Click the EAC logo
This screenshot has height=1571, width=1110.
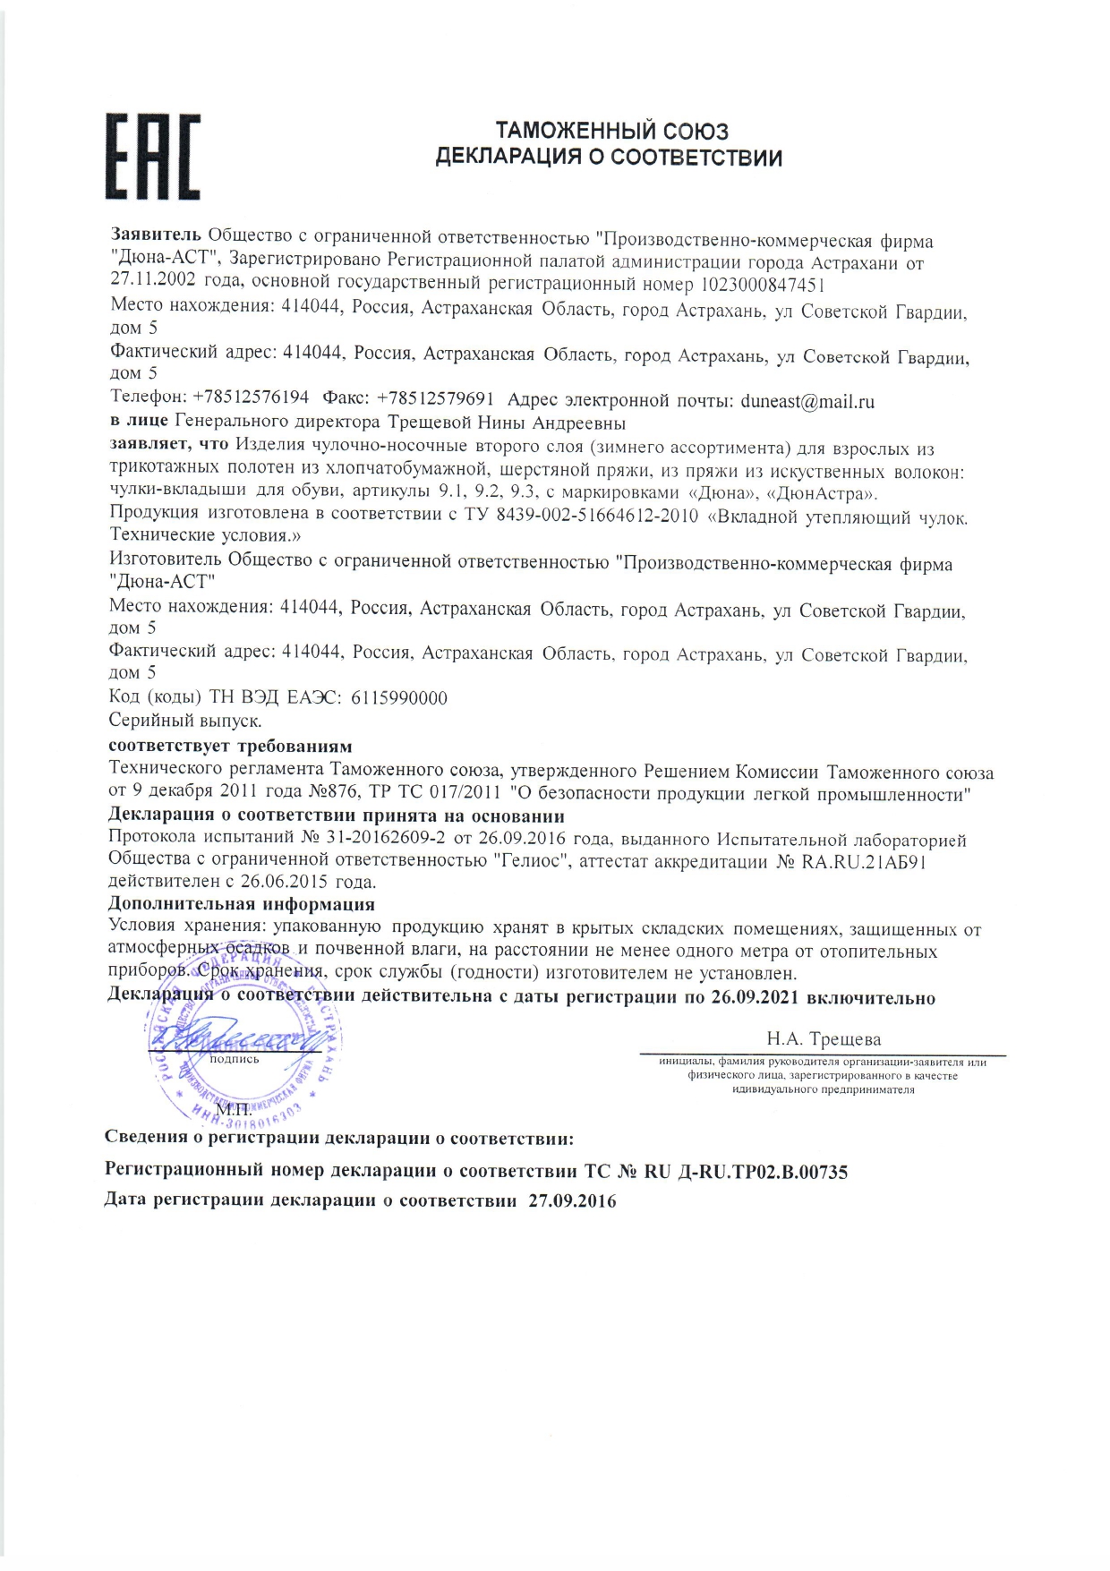tap(153, 157)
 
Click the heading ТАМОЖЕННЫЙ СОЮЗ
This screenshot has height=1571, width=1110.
tap(612, 132)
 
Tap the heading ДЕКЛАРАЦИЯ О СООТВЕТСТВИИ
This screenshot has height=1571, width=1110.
tap(609, 158)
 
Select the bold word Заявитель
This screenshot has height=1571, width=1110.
tap(156, 235)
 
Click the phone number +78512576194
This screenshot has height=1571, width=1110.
tap(251, 397)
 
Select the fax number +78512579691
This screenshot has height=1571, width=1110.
tap(436, 398)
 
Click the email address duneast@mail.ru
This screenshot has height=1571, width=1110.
tap(807, 401)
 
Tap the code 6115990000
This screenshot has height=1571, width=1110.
tap(399, 698)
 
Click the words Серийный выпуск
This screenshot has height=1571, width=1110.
tap(185, 721)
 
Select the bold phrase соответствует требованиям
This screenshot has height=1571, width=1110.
tap(230, 746)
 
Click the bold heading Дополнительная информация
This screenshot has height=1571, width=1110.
tap(242, 904)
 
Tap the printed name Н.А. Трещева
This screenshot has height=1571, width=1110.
tap(824, 1039)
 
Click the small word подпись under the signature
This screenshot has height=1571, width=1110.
tap(234, 1059)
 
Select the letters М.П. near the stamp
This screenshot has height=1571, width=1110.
tap(235, 1111)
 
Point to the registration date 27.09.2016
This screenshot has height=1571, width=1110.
tap(572, 1201)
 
